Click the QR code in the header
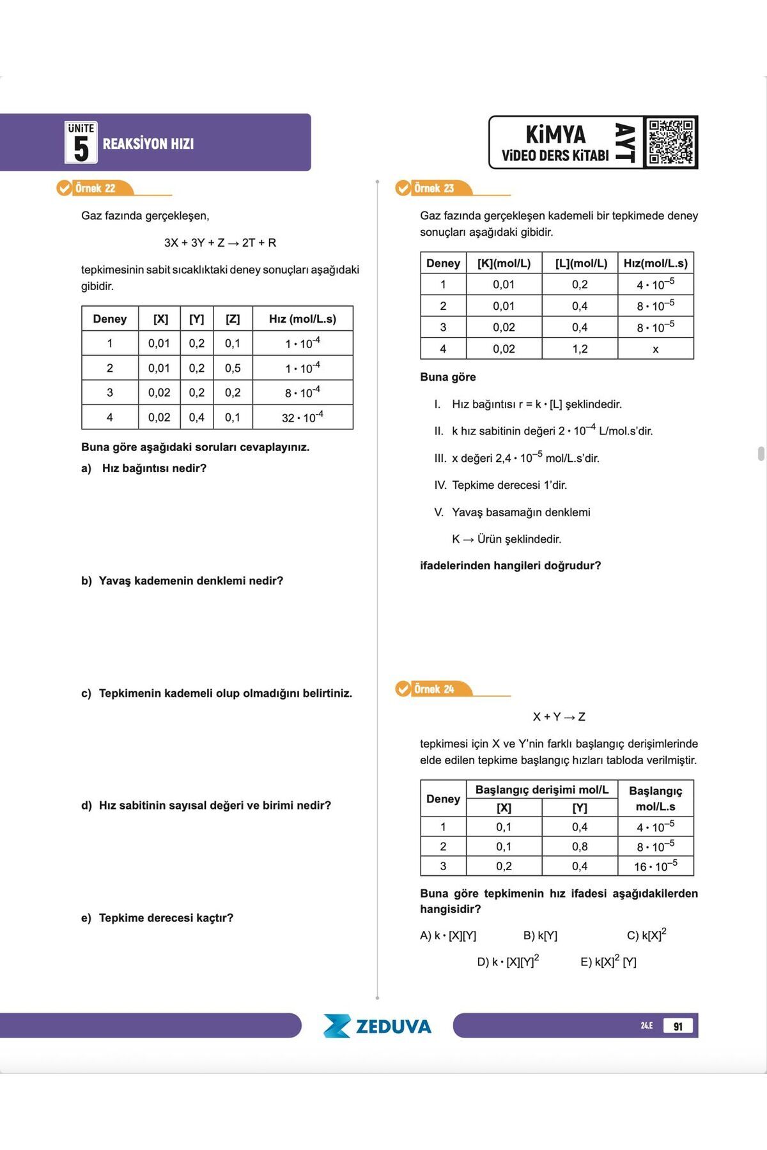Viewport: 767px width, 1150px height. [x=670, y=142]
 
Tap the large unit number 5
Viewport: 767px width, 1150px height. [x=81, y=149]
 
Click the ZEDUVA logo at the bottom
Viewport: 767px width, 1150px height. [x=377, y=1026]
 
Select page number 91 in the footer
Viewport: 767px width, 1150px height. [x=678, y=1026]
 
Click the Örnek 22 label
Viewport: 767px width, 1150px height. [x=95, y=188]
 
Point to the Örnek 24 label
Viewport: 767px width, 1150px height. [x=434, y=689]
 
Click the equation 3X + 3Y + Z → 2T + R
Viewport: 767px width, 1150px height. [x=220, y=243]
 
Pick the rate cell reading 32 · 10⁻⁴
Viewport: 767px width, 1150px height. [x=302, y=417]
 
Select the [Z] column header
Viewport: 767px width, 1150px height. [x=233, y=319]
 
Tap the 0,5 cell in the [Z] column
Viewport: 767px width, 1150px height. [x=233, y=368]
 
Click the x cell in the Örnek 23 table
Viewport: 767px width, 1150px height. [x=655, y=349]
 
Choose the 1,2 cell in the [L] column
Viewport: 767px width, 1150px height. [x=580, y=349]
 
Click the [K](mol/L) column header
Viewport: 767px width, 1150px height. [x=504, y=263]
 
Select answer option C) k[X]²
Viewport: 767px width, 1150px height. [x=646, y=935]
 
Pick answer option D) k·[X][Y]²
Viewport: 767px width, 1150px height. [x=508, y=962]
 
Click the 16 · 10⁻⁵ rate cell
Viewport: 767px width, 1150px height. [x=655, y=866]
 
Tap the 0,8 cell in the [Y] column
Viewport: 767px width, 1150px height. [x=580, y=847]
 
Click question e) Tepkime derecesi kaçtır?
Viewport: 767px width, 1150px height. [x=157, y=918]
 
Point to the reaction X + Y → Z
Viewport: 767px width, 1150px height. [x=559, y=717]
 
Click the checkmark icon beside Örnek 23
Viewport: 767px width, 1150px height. [x=403, y=188]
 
